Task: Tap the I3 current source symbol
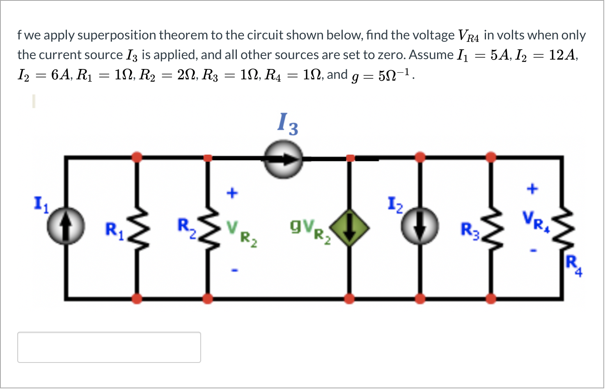(x=283, y=159)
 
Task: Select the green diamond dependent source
(x=349, y=228)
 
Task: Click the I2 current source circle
(x=419, y=226)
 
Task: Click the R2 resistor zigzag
(x=208, y=228)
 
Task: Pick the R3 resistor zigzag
(x=491, y=228)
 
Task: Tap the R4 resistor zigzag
(x=562, y=228)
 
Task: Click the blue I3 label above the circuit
(x=288, y=124)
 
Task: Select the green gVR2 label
(x=310, y=230)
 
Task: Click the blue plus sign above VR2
(x=232, y=193)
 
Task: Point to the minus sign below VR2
(x=234, y=270)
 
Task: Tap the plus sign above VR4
(x=532, y=189)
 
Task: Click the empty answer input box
(x=109, y=347)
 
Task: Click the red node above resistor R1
(x=137, y=157)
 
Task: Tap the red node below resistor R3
(x=491, y=298)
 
